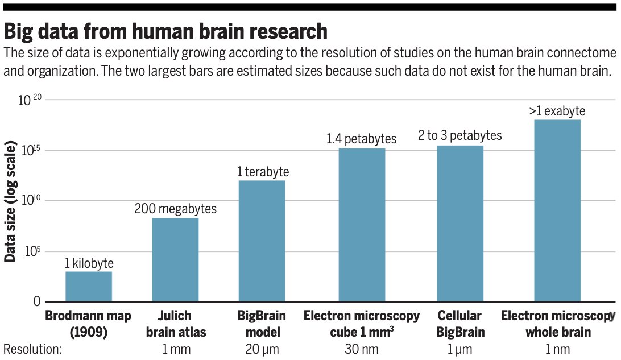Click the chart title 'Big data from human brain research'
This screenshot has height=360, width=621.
165,30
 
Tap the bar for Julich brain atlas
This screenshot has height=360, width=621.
175,259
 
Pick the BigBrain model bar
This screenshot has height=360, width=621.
262,241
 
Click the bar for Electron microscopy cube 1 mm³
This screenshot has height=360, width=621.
362,225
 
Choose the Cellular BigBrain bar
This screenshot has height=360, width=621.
459,224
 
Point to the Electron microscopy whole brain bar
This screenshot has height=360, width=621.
557,210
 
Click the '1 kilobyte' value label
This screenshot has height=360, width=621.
89,263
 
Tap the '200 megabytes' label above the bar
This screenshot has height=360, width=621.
175,209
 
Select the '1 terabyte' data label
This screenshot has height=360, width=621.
263,172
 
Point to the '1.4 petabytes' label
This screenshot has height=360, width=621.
361,139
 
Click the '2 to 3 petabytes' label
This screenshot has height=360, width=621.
459,135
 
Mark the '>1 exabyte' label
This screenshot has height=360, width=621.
557,111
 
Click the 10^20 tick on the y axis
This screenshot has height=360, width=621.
31,101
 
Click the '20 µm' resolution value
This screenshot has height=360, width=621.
262,349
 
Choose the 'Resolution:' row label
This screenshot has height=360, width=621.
32,349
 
